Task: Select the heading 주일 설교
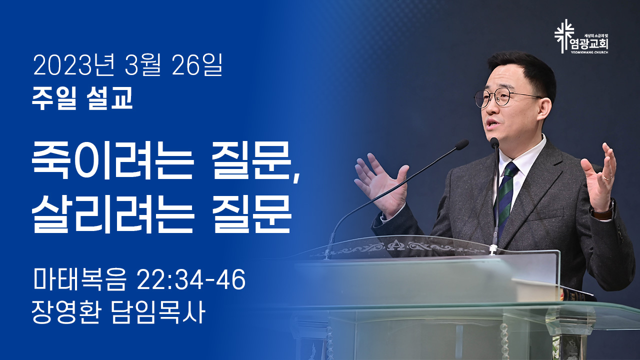click(x=82, y=98)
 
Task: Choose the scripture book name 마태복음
click(x=79, y=279)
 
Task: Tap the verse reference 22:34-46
click(x=191, y=279)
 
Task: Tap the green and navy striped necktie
click(x=505, y=197)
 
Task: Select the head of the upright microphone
click(x=494, y=143)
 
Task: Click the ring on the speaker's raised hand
click(x=606, y=177)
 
